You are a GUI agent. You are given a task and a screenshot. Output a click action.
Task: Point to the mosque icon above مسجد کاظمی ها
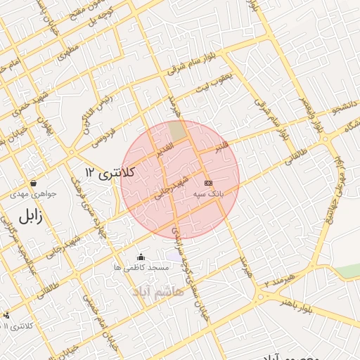click(x=141, y=257)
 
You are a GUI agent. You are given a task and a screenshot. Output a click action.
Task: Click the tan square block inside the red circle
click(x=178, y=130)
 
